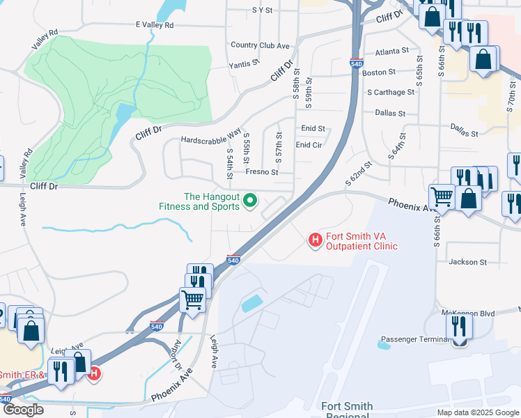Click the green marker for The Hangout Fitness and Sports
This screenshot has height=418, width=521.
251,202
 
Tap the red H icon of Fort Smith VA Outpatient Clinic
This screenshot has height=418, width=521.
316,240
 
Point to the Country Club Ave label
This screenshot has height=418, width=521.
260,45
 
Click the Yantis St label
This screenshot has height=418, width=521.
244,63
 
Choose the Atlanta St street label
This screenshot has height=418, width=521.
391,52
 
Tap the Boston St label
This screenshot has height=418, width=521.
379,72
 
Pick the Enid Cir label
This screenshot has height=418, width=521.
309,145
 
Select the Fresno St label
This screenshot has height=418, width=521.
262,172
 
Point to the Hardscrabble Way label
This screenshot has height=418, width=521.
210,135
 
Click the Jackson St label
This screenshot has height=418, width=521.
468,262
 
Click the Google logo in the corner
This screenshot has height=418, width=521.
23,410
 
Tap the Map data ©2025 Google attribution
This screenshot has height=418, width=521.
477,412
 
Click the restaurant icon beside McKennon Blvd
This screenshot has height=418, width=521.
459,326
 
